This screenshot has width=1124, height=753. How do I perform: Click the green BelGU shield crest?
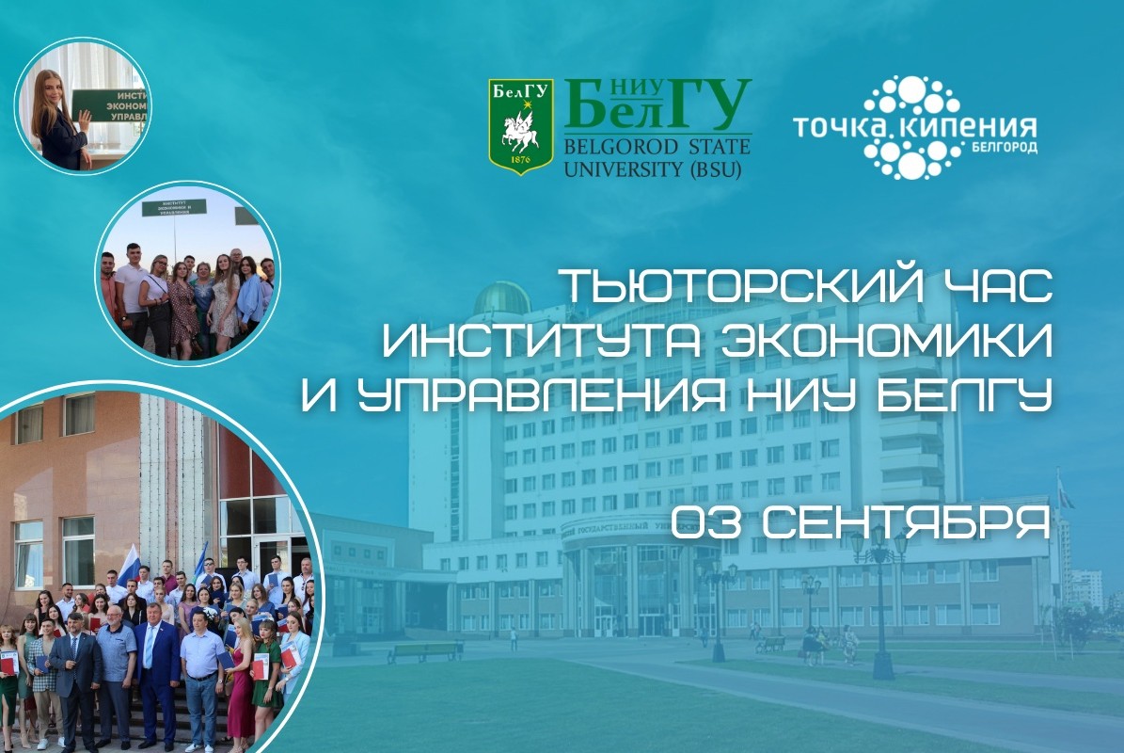point(520,126)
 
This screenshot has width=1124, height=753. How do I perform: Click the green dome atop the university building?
point(500,298)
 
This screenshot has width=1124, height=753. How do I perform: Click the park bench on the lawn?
point(425,649)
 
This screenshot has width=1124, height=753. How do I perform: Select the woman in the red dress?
point(240,682)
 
